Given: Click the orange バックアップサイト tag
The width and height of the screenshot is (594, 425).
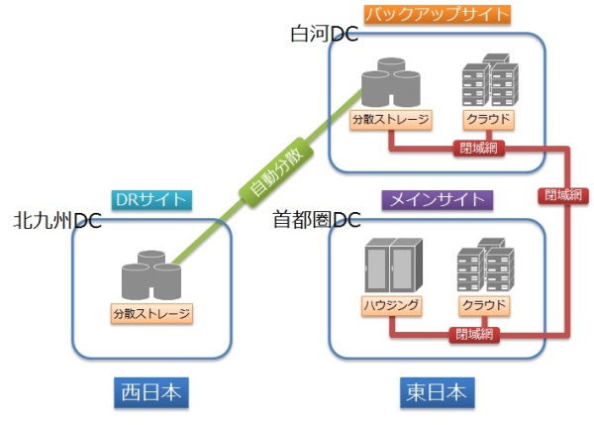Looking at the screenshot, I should (438, 14).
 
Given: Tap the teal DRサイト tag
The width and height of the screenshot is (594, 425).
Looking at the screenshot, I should (150, 198).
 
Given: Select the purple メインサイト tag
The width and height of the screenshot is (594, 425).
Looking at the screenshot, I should (436, 198).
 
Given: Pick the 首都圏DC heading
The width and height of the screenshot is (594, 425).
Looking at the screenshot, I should (317, 220).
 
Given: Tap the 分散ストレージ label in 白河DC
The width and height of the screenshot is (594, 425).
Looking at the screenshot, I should (391, 121).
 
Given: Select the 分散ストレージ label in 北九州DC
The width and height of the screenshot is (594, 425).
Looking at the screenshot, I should (150, 313).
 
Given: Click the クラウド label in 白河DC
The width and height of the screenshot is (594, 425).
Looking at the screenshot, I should (488, 121).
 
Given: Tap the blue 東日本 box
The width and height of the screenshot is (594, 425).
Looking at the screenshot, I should (438, 392).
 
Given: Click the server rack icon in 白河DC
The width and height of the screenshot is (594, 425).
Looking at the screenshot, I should (490, 80).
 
